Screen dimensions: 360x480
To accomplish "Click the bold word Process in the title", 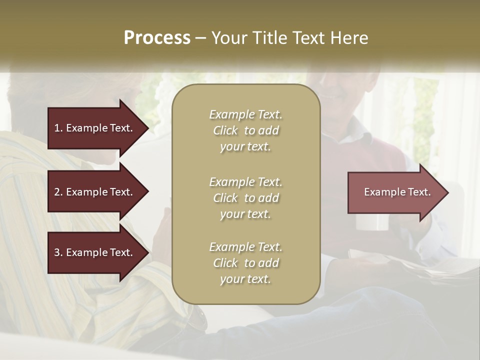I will point(157,38).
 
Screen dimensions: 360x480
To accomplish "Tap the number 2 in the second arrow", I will point(57,192).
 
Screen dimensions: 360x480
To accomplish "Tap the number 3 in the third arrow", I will point(57,252).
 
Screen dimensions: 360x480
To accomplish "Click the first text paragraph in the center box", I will point(245,130).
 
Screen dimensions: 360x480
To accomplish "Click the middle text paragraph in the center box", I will point(245,198).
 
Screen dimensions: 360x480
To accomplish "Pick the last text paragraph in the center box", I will point(245,263).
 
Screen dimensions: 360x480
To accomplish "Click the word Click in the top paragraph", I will point(225,130).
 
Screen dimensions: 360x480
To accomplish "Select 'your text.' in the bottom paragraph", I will point(245,279).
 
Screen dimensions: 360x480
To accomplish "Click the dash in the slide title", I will point(200,38).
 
